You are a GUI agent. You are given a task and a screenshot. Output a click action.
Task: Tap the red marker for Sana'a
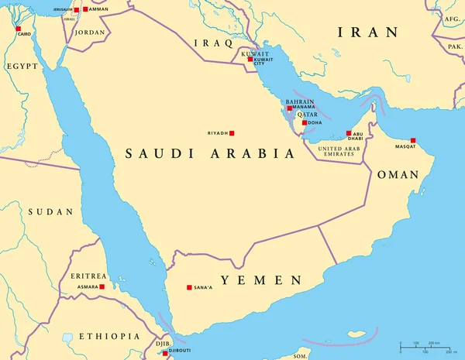[x=188, y=288]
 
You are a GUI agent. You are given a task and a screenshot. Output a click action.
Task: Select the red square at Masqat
[x=413, y=140]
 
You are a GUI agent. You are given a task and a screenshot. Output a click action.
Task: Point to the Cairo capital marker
[x=19, y=29]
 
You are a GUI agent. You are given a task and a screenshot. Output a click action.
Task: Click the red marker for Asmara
[x=102, y=286]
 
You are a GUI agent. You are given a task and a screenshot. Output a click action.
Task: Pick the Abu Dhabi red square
[x=349, y=133]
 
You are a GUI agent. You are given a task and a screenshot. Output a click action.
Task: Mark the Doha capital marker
[x=304, y=122]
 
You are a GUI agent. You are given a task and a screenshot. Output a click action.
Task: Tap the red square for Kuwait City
[x=250, y=59]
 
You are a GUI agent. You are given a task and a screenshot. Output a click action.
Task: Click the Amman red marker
[x=85, y=9]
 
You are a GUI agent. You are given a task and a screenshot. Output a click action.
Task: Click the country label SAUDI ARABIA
[x=210, y=154]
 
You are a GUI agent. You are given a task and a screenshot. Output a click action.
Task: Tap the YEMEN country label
[x=260, y=279]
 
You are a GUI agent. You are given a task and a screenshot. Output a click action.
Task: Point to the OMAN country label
[x=397, y=175]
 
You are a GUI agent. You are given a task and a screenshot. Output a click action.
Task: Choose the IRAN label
[x=367, y=33]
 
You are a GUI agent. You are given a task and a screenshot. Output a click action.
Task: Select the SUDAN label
[x=50, y=211]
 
